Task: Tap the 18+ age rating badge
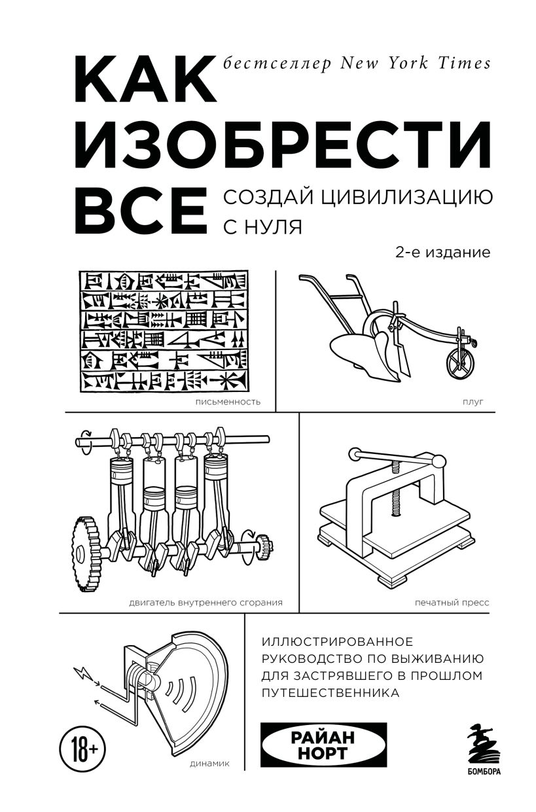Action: pos(82,745)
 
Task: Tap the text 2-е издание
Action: pos(442,253)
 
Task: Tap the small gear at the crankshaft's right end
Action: pos(266,542)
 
